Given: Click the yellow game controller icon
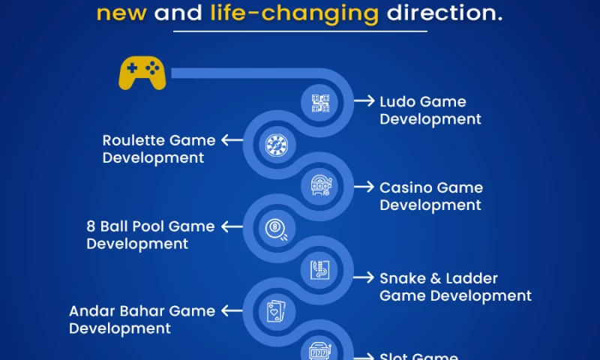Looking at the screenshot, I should [x=142, y=73].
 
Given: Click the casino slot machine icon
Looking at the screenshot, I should [x=320, y=187].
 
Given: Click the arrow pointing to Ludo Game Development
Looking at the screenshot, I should [x=364, y=101].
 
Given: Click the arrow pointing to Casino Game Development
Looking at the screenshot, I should [x=364, y=187].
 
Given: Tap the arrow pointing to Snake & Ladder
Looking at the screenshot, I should [x=364, y=277].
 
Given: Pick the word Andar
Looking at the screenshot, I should [x=90, y=310].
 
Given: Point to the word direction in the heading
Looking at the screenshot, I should [x=443, y=13].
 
